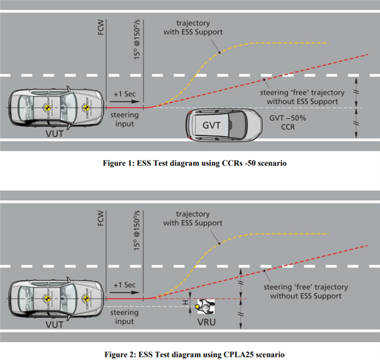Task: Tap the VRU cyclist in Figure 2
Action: point(205,307)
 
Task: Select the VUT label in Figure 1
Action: point(54,135)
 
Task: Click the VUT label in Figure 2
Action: point(54,323)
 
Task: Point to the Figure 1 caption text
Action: point(190,163)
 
